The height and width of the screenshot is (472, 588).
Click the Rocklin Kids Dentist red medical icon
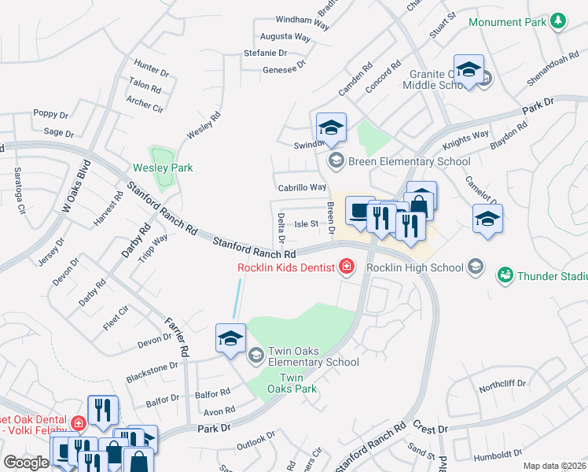coord(345,268)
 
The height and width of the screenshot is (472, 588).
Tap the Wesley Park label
coord(163,168)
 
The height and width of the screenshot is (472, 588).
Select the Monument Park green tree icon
coord(558,21)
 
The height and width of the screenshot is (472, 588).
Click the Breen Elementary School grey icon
coord(336,161)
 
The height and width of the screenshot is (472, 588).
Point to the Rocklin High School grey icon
coord(475,267)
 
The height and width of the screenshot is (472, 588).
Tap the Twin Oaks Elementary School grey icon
coord(255,356)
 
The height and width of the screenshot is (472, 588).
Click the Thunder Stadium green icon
coord(505,275)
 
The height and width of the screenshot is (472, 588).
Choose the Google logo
coord(25,463)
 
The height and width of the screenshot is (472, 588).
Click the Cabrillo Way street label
coord(302,187)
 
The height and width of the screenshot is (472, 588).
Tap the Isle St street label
coord(306,223)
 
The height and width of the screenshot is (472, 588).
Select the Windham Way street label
coord(302,22)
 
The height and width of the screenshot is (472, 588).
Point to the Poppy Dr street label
coord(51,114)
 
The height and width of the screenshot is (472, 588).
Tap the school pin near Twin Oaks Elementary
coord(230,339)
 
